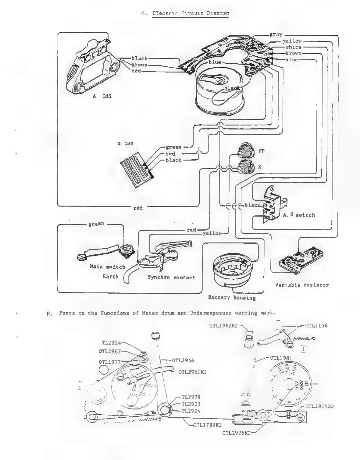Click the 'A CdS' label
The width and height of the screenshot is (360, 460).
(102, 96)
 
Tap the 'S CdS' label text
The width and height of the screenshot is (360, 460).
(126, 143)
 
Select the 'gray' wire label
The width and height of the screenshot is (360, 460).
(276, 34)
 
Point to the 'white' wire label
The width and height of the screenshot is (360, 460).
(293, 47)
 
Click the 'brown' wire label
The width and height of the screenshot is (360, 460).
(293, 53)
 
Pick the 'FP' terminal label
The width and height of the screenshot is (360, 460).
(261, 151)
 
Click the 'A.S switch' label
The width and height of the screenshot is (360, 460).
(299, 215)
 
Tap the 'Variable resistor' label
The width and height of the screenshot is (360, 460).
(302, 285)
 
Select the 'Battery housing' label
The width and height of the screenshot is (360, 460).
(232, 297)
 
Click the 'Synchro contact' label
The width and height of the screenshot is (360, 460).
(171, 277)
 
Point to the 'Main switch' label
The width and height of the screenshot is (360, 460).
(107, 267)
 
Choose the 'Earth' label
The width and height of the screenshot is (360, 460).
(110, 277)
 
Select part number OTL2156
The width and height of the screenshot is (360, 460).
(316, 325)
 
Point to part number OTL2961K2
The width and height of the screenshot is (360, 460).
(192, 372)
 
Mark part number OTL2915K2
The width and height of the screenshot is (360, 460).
(319, 406)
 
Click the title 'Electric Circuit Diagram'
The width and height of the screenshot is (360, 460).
(191, 13)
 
